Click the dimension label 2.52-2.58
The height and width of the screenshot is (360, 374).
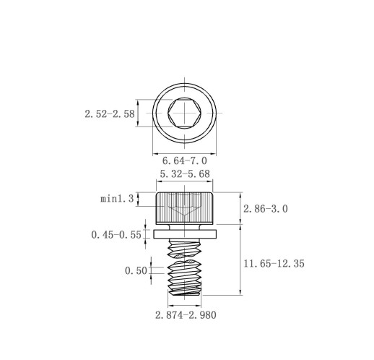coord(110,113)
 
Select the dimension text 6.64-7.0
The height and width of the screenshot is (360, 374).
coord(185,160)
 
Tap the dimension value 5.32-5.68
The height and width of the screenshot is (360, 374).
coord(185,173)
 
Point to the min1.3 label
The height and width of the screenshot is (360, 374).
coord(117,199)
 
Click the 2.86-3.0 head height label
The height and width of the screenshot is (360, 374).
coord(266,209)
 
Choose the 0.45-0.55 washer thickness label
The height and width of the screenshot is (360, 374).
coord(116,235)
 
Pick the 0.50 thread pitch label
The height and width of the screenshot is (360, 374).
coord(136,271)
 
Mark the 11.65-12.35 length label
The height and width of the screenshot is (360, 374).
coord(274,264)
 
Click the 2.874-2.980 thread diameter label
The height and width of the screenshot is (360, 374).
coord(186,315)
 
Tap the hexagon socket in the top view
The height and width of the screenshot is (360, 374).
coord(185,113)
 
